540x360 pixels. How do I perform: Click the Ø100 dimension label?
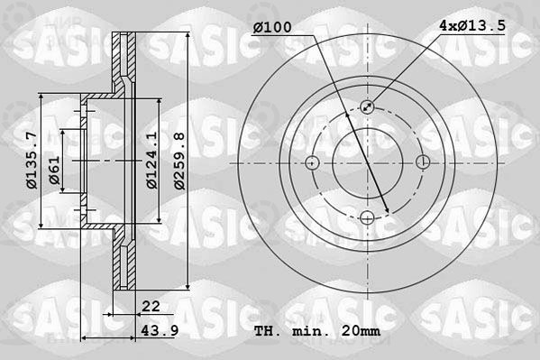tap(272, 27)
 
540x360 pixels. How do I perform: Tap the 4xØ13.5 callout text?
tap(472, 25)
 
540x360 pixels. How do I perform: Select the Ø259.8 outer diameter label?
tap(179, 161)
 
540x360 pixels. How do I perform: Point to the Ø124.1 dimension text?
tap(151, 160)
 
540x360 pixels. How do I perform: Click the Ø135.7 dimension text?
tap(32, 161)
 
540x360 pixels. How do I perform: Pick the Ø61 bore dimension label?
tap(54, 170)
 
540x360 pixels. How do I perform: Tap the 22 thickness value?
tap(151, 306)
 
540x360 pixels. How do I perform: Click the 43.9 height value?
tap(160, 330)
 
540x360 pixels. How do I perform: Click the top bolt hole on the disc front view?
tap(368, 106)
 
